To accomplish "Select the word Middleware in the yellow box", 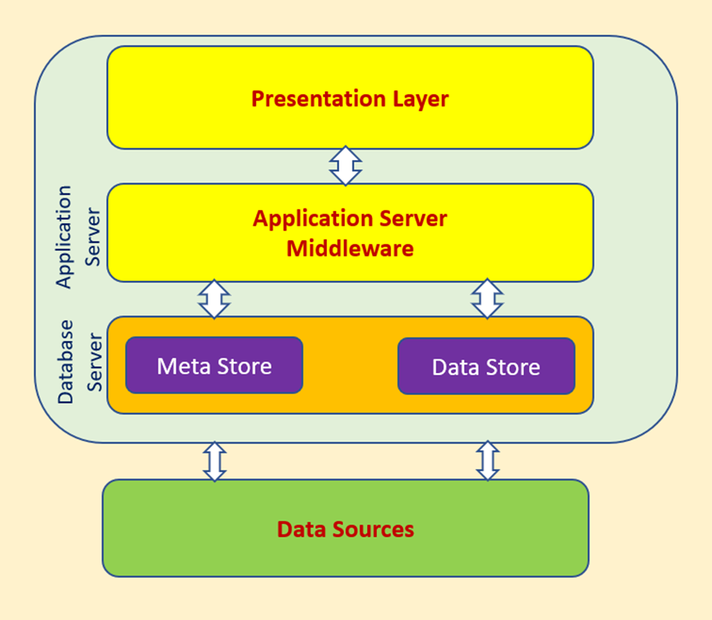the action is tap(350, 248).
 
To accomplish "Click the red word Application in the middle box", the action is tap(313, 219).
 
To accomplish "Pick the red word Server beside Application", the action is tap(413, 218).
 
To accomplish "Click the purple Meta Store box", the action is tap(214, 365).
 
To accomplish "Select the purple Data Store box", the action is tap(486, 366).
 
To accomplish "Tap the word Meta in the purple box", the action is tap(184, 366).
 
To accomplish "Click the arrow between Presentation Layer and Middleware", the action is tap(346, 166).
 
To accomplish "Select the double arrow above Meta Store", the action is tap(214, 299).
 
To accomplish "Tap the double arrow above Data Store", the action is tap(487, 299).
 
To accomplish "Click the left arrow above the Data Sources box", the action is tap(215, 461).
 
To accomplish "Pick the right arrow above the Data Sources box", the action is tap(488, 461).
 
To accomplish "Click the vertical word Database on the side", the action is tap(66, 362).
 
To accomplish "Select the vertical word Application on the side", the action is tap(64, 237).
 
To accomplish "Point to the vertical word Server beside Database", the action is tap(95, 362).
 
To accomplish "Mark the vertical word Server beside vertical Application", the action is tap(93, 237).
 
